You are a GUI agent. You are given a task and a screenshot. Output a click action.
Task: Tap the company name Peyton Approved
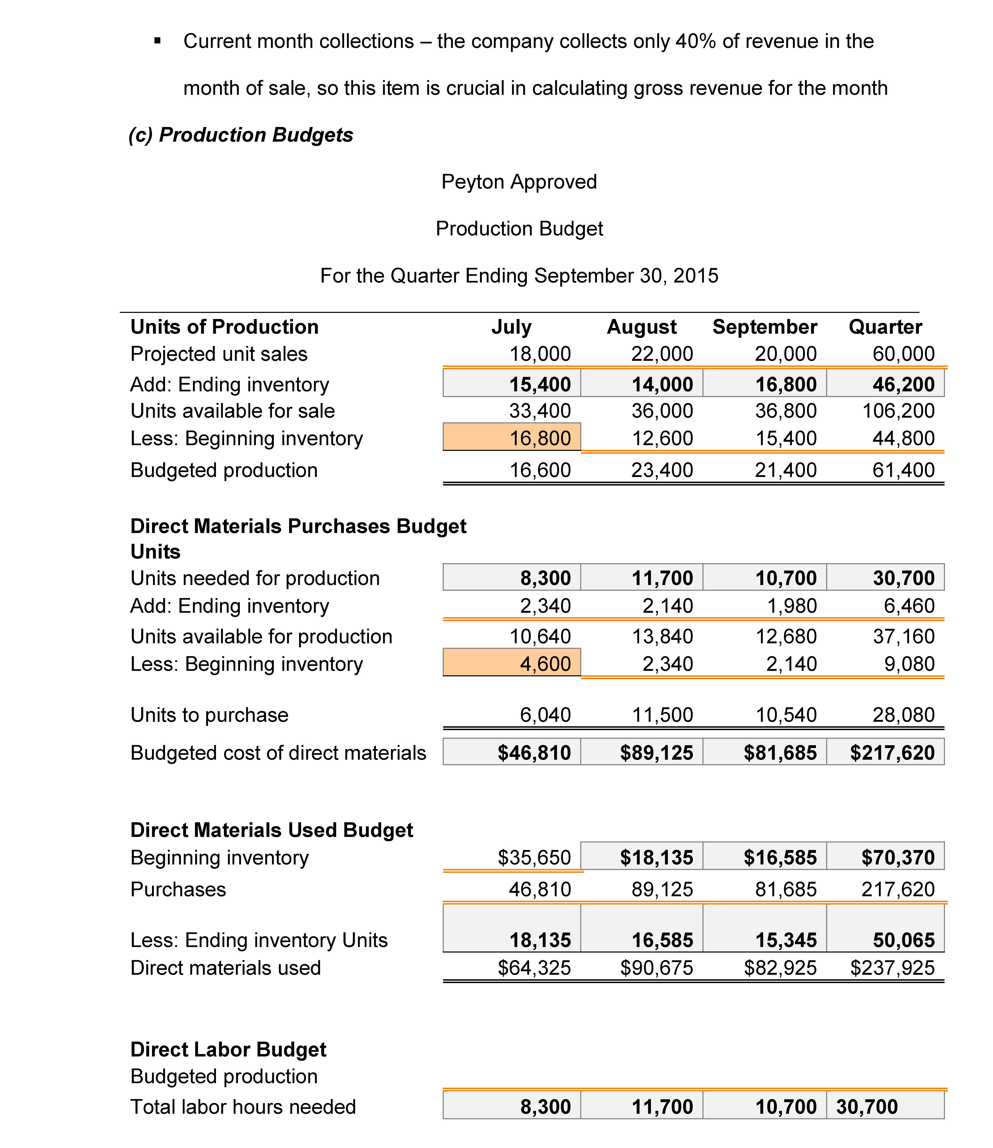click(x=519, y=182)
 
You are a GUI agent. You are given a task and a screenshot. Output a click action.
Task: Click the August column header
click(x=642, y=327)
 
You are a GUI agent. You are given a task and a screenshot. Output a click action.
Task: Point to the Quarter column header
click(x=885, y=327)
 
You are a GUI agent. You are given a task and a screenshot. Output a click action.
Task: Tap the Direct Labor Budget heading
click(x=228, y=1049)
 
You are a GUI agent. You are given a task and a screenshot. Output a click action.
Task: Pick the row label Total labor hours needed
click(x=243, y=1107)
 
